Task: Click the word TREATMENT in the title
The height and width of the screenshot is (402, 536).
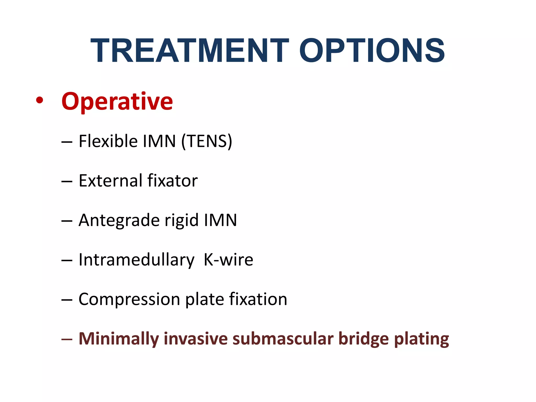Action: pyautogui.click(x=190, y=51)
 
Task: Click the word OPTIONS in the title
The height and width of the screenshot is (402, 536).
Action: pyautogui.click(x=372, y=51)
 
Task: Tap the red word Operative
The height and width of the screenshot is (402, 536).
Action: pyautogui.click(x=117, y=102)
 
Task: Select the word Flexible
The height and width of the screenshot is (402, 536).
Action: pyautogui.click(x=108, y=141)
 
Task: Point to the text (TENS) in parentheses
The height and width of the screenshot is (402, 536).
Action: pyautogui.click(x=207, y=141)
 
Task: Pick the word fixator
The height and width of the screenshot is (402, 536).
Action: pyautogui.click(x=172, y=181)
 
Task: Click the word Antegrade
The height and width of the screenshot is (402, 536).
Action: pyautogui.click(x=119, y=221)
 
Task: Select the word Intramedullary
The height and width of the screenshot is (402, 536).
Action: pyautogui.click(x=136, y=260)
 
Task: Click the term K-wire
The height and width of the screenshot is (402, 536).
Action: pyautogui.click(x=228, y=260)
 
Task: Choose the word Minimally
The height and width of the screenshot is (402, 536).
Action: pyautogui.click(x=119, y=339)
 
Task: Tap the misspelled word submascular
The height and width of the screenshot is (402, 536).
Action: pyautogui.click(x=283, y=339)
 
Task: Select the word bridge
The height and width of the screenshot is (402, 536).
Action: pyautogui.click(x=364, y=339)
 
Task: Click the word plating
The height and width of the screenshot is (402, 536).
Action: pyautogui.click(x=421, y=339)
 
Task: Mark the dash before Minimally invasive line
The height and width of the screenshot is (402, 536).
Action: pyautogui.click(x=67, y=339)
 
